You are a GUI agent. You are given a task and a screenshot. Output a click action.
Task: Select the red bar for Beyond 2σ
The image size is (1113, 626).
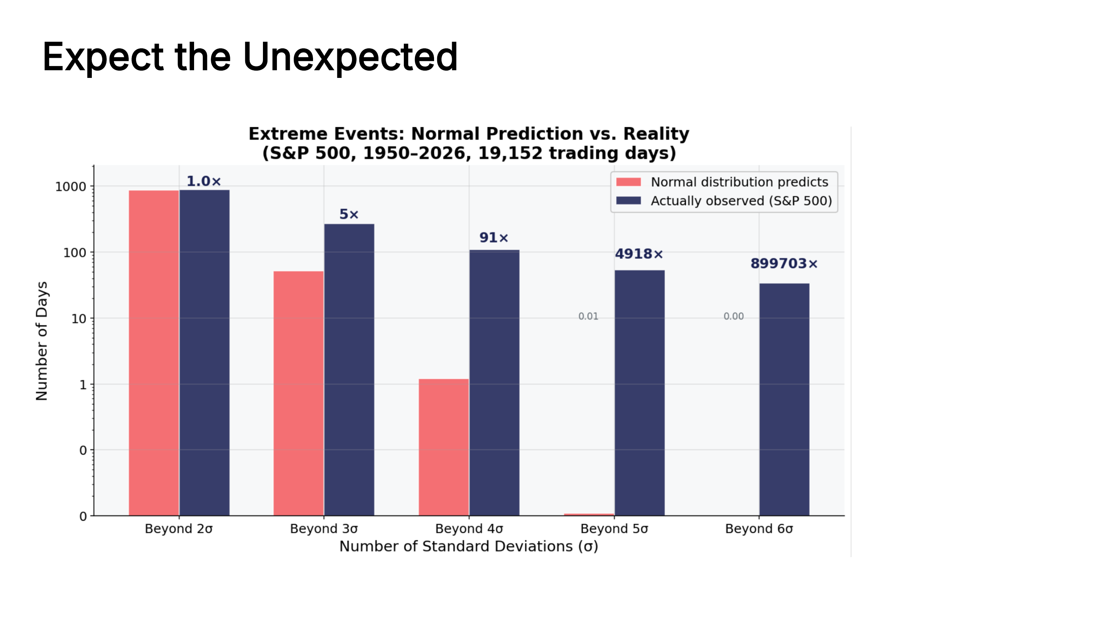coord(154,352)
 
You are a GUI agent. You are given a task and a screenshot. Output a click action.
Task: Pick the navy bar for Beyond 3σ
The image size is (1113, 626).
coord(349,369)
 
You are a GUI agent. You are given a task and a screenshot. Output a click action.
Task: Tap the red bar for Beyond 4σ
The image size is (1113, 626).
coord(443,447)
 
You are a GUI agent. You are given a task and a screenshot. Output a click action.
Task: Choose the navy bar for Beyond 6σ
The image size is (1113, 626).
coord(784,399)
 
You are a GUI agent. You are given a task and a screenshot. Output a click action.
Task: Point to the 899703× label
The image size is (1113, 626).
coord(784,264)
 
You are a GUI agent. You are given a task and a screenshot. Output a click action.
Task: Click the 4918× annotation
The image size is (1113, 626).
coord(639,254)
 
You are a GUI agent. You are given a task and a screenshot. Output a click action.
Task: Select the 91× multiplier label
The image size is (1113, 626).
coord(494,238)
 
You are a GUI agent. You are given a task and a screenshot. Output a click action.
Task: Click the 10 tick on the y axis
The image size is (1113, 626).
coord(79,319)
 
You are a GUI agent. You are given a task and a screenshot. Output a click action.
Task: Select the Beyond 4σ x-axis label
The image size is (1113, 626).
coord(469,528)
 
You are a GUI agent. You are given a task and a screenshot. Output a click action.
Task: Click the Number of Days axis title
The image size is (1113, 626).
coord(41,341)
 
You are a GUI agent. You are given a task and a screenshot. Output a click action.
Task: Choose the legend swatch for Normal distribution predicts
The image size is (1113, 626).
coord(628,182)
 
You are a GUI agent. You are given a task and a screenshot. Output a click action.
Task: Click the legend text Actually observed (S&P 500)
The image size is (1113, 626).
coord(741,201)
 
